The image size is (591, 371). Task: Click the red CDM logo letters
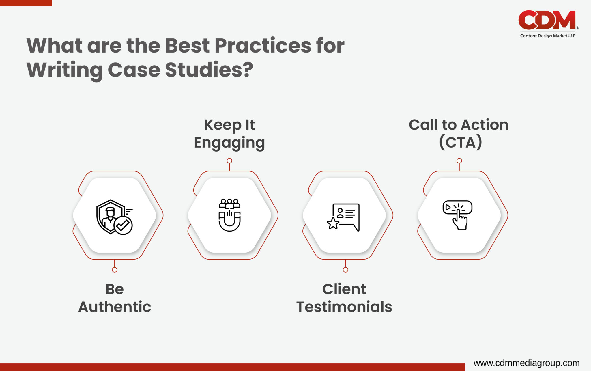point(547,20)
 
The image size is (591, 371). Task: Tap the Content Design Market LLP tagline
point(547,36)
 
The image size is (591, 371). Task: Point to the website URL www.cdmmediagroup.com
point(526,363)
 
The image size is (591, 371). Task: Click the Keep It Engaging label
point(229,134)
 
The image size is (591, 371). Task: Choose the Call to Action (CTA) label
point(459,134)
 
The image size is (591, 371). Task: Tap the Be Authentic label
point(115,298)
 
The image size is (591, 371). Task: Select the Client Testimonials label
point(344,298)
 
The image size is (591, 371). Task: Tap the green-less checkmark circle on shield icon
point(123,225)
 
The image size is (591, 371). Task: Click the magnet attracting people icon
point(229,215)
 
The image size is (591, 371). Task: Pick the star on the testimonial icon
point(333,223)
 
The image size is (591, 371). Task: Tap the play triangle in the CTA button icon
point(448,207)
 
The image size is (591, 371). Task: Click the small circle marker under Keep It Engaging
point(229,161)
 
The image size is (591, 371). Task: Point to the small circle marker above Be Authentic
point(115,270)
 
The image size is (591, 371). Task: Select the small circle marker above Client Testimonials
point(345,270)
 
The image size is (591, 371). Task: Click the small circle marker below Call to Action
point(459,161)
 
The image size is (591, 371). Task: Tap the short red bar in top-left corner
point(26,3)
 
